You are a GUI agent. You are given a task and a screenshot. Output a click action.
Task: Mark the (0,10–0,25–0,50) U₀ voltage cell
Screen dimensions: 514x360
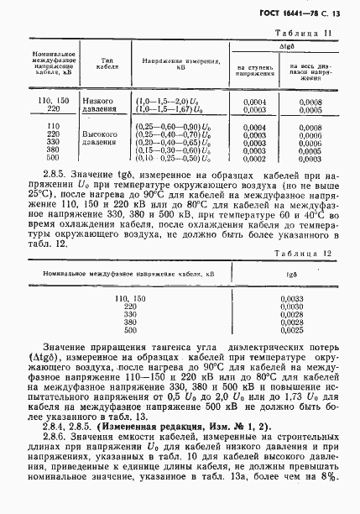[171, 157]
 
